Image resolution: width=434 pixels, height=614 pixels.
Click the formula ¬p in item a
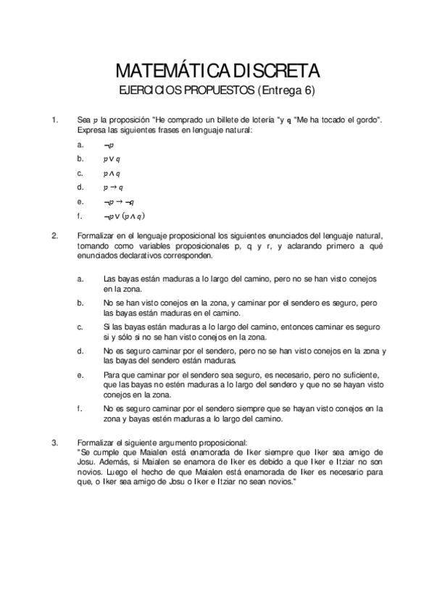[x=109, y=145]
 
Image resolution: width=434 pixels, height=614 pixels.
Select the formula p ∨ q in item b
[x=112, y=159]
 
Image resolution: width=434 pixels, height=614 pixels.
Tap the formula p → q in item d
[x=113, y=187]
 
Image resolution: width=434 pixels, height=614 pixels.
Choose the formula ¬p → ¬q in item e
[x=119, y=201]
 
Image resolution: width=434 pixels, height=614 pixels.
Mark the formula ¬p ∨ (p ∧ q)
[x=125, y=216]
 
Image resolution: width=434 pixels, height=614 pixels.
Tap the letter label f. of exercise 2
[x=80, y=409]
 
